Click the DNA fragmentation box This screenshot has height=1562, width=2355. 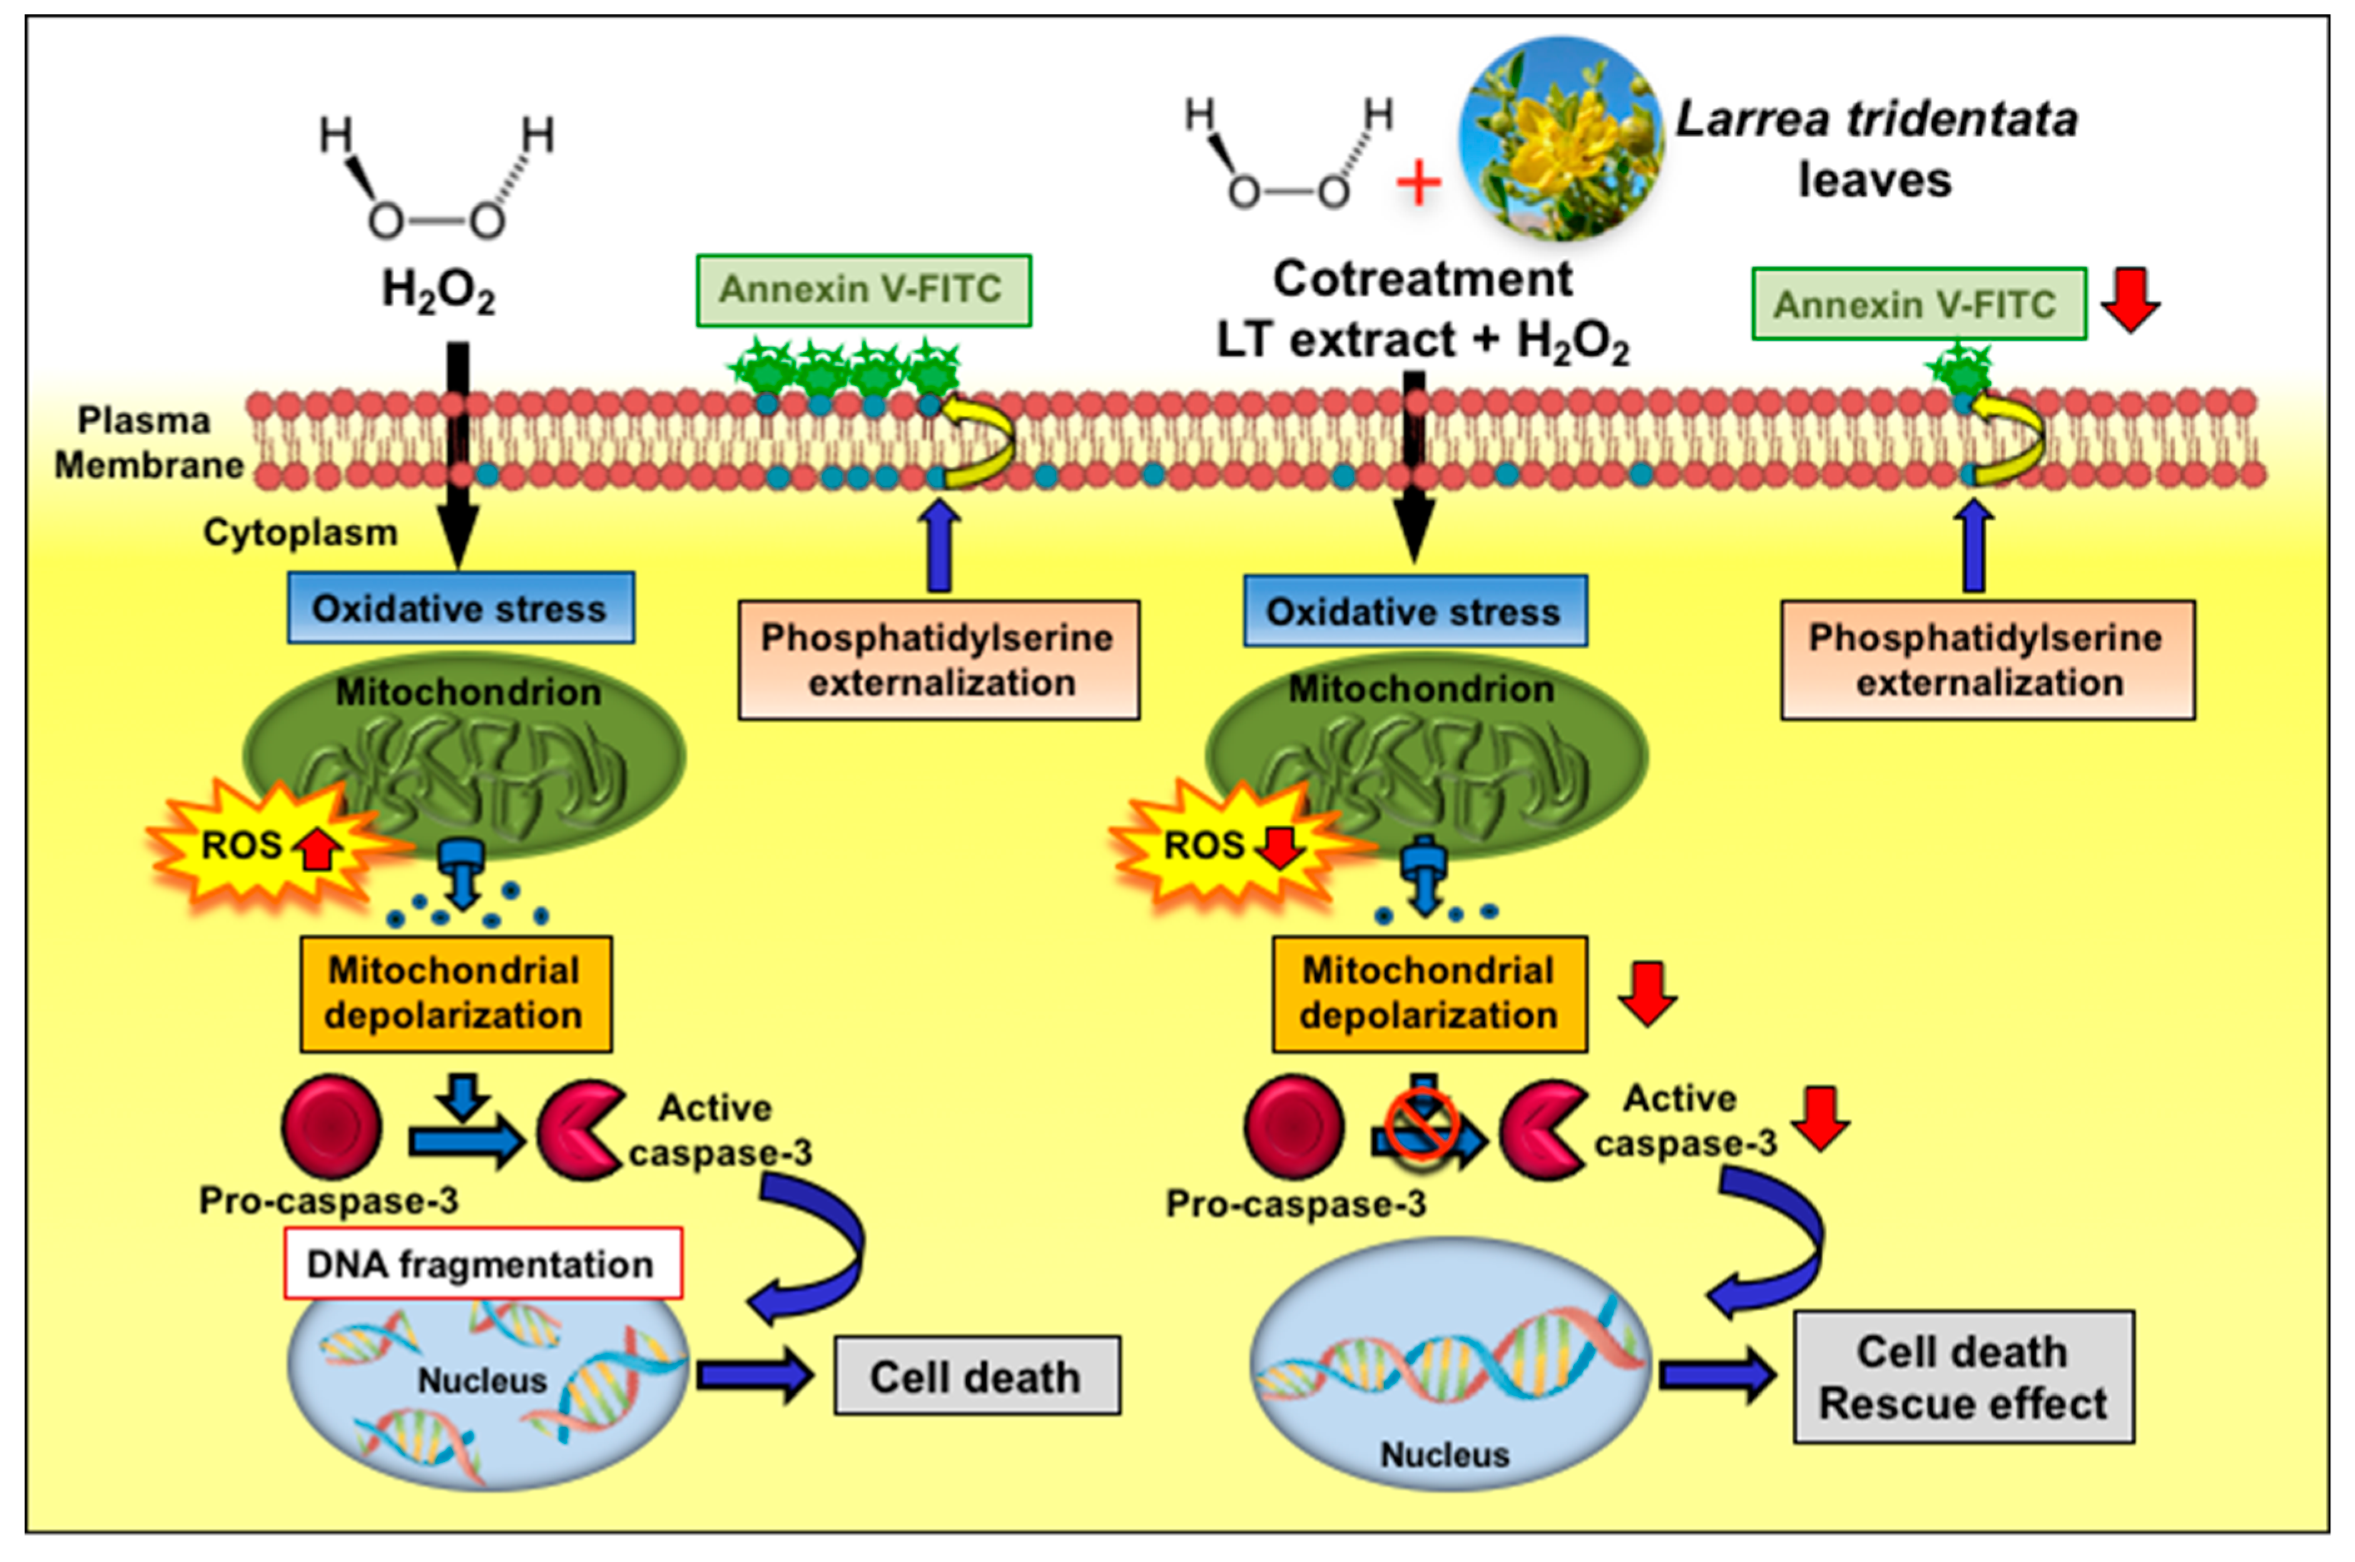pos(483,1263)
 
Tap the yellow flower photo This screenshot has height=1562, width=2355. pos(1561,138)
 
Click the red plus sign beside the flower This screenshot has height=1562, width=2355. pos(1418,185)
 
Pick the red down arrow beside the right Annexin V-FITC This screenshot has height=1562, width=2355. pos(2130,299)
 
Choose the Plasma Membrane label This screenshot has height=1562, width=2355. pos(148,442)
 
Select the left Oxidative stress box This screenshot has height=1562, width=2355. pos(460,607)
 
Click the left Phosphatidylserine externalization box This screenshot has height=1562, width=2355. pos(938,659)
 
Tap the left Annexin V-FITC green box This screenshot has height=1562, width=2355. pos(863,290)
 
